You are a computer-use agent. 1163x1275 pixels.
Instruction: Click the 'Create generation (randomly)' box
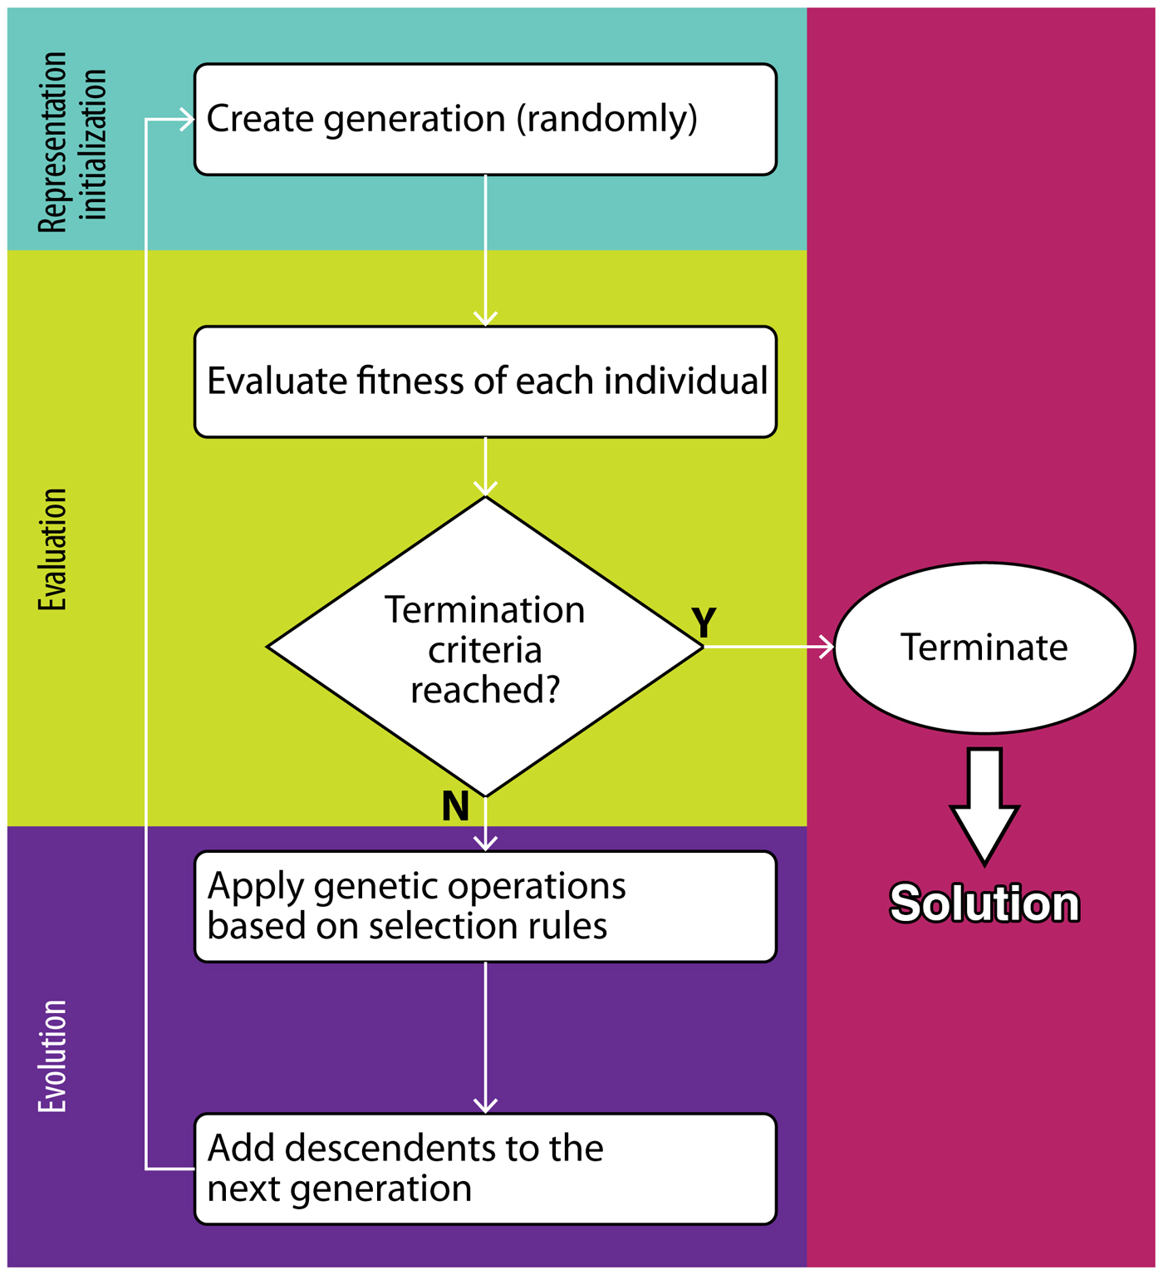point(485,120)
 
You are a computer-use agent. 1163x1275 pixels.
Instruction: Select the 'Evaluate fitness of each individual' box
point(485,382)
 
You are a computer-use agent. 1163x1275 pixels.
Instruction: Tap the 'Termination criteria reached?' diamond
point(485,647)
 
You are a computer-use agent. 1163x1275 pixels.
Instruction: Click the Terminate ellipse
point(984,647)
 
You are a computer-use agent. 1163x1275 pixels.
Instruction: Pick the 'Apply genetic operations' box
point(485,907)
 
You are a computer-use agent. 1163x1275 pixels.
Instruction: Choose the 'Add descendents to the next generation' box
point(485,1169)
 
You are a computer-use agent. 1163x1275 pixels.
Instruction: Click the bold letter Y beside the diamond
point(704,623)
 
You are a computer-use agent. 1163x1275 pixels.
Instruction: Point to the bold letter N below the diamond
point(455,806)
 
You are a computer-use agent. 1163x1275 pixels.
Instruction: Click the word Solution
point(984,903)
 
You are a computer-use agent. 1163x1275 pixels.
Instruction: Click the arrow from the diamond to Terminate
point(768,647)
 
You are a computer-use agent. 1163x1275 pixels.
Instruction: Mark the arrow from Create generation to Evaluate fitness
point(485,249)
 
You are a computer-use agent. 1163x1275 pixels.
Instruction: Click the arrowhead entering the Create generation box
point(184,120)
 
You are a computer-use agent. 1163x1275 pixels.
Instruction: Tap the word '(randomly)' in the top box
point(607,119)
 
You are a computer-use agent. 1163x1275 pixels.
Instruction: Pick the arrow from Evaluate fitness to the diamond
point(485,467)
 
